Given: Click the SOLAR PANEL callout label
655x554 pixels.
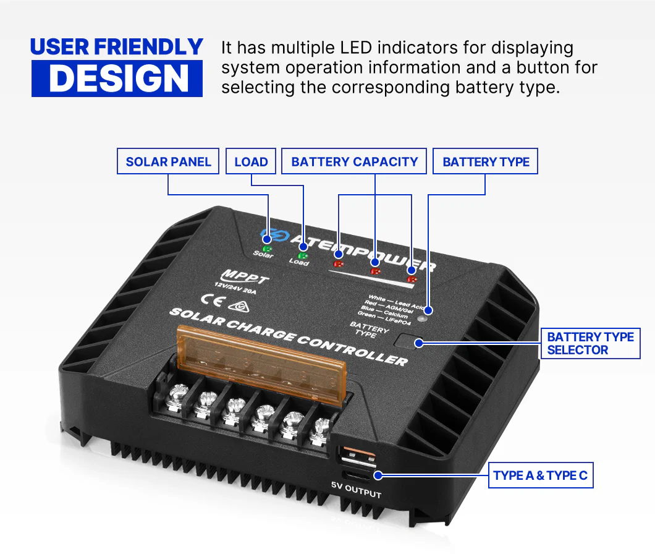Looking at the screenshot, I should [168, 162].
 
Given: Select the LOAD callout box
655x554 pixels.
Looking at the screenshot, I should [251, 162].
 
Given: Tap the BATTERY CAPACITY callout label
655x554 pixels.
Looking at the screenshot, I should [354, 162].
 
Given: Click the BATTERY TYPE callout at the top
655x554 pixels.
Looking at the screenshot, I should [486, 162].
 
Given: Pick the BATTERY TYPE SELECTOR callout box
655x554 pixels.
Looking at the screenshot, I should [590, 343].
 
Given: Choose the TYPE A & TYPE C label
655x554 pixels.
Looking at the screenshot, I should [541, 475].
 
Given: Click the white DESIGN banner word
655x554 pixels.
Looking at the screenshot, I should [117, 79].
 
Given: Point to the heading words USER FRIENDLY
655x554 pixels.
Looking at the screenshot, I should [117, 46].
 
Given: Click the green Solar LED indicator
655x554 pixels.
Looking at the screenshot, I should [268, 248].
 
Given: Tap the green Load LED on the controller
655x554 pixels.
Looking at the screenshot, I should [303, 255].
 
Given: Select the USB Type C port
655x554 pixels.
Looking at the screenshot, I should [358, 475].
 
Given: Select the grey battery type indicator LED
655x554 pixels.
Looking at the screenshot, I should [422, 320].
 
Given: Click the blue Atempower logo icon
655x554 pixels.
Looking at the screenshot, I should [267, 236].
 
